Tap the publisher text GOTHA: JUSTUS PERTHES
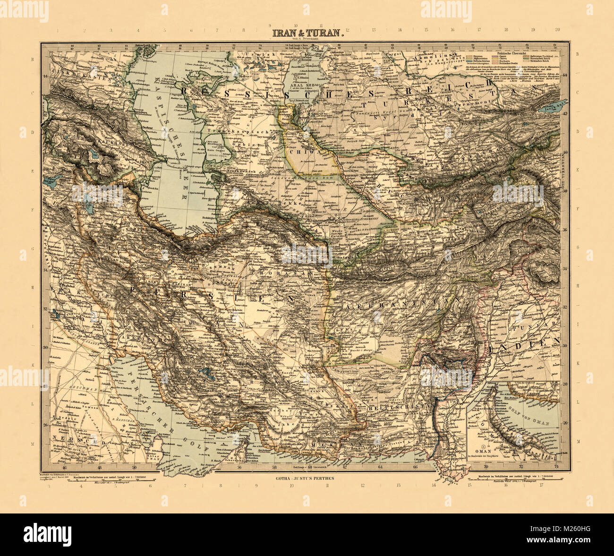(305, 478)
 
